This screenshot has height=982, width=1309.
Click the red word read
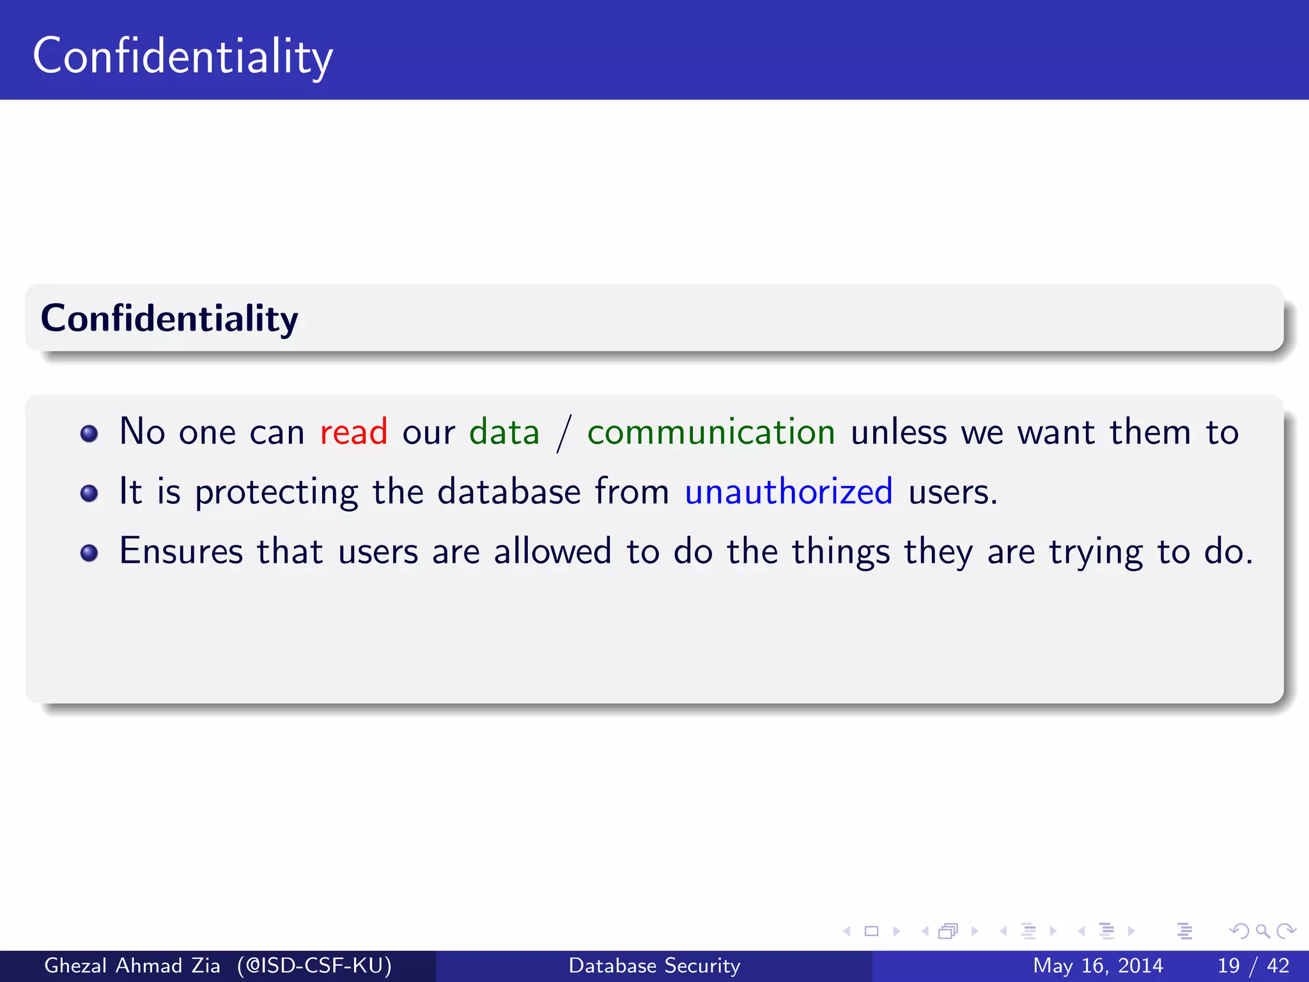[x=353, y=432]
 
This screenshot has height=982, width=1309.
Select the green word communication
[x=711, y=432]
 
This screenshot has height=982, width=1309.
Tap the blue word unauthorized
[x=788, y=492]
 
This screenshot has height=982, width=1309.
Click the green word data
[x=504, y=432]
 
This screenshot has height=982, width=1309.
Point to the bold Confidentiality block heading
[x=169, y=318]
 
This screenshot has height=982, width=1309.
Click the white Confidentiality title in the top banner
[x=183, y=56]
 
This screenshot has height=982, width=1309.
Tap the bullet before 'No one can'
[x=89, y=434]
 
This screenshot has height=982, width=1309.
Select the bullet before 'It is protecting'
[x=89, y=494]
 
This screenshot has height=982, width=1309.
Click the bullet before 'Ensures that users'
[x=89, y=553]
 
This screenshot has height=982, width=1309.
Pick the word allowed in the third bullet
[x=552, y=551]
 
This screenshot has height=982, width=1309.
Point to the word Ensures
[x=181, y=551]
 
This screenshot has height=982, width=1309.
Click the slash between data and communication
[x=563, y=433]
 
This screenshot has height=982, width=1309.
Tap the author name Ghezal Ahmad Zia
[x=132, y=965]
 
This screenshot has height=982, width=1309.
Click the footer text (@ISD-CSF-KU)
[x=314, y=965]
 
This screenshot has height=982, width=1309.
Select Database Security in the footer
[x=654, y=965]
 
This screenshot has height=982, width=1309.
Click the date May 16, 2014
[x=1097, y=965]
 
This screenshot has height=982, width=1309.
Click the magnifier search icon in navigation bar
[x=1262, y=931]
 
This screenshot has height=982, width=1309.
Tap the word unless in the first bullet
[x=898, y=432]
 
